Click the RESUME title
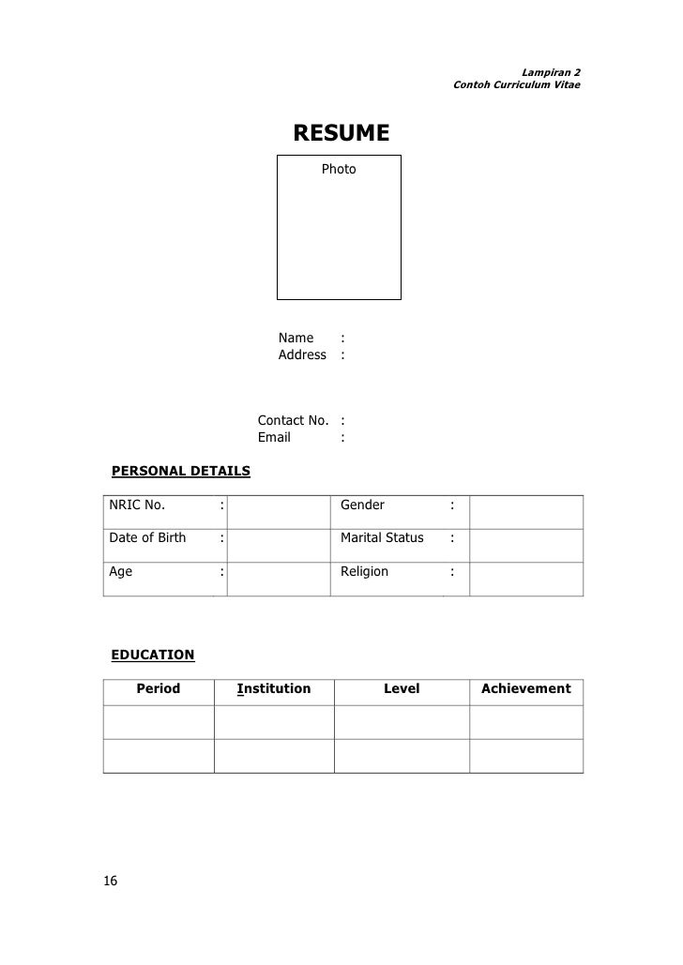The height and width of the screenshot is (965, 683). click(341, 133)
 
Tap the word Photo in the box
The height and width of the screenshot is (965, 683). click(339, 169)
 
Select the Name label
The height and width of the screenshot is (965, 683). click(296, 338)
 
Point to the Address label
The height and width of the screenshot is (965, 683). click(302, 354)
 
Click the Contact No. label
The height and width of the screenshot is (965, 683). click(293, 420)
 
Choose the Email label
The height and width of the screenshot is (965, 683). click(274, 437)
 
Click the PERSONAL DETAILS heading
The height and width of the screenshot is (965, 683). click(181, 470)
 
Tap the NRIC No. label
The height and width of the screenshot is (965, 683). click(137, 505)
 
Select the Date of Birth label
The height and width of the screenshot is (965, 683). click(147, 537)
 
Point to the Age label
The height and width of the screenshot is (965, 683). click(121, 570)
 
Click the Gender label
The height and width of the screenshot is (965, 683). click(362, 505)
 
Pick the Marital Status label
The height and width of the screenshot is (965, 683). click(382, 537)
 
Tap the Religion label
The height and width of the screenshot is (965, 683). click(364, 570)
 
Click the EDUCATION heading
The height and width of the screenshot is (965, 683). click(153, 654)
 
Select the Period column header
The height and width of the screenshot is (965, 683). click(159, 688)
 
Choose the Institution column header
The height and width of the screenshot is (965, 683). click(274, 688)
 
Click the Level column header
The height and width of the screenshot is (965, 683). click(402, 688)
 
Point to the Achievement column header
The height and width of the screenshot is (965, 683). click(525, 688)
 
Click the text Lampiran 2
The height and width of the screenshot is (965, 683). click(551, 72)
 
